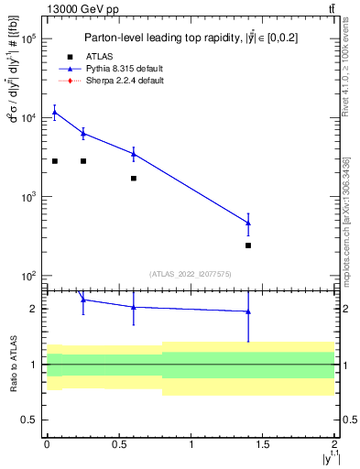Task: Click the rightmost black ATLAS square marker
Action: point(248,245)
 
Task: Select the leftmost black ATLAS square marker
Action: point(55,161)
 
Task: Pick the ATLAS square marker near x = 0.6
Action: point(134,179)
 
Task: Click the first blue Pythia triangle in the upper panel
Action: point(55,113)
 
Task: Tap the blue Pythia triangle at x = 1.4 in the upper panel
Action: point(248,223)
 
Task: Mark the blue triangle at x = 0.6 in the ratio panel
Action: point(134,307)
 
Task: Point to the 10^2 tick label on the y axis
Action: point(27,276)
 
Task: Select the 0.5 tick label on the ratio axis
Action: point(29,420)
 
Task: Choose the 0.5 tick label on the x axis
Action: point(118,444)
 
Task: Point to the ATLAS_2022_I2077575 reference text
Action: point(191,273)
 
